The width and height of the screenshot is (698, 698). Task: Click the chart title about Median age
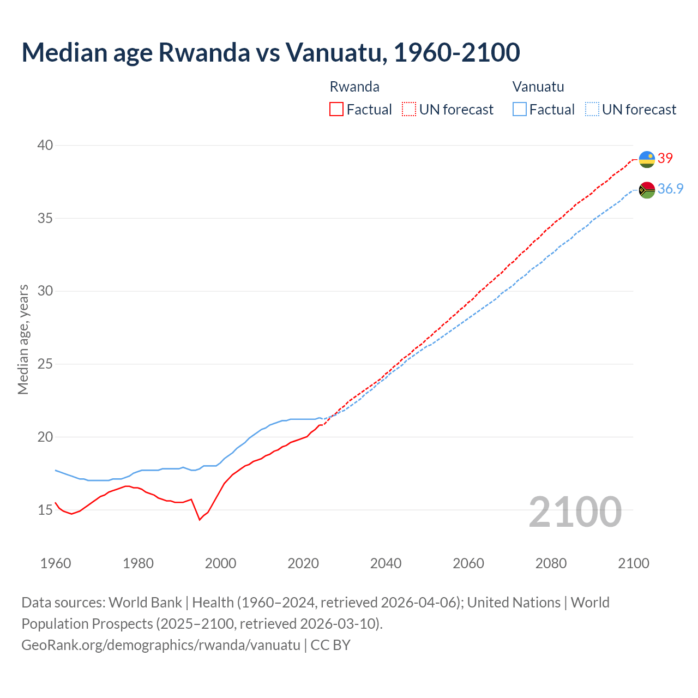[270, 52]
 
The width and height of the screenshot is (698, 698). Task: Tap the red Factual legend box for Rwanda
[336, 110]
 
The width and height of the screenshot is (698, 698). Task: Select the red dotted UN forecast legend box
[409, 110]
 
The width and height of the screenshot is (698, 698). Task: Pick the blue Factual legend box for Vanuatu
[520, 110]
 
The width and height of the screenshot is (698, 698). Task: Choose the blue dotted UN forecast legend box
[592, 110]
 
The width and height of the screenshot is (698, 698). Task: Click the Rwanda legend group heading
[354, 87]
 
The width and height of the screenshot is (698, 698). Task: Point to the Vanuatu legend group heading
[538, 87]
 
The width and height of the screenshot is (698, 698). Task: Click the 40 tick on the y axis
[45, 145]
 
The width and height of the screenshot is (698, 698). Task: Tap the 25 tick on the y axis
[45, 364]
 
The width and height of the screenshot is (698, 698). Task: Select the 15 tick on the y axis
[45, 510]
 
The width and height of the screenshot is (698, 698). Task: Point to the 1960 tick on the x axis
[56, 563]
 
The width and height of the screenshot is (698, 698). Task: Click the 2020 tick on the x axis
[303, 563]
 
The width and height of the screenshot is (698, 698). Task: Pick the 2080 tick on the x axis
[551, 563]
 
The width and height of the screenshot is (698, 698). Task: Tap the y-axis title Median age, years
[23, 339]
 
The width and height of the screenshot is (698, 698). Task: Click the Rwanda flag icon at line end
[647, 159]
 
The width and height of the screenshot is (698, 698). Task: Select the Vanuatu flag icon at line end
[647, 190]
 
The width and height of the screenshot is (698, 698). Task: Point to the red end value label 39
[665, 158]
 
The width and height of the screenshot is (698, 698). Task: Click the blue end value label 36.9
[670, 189]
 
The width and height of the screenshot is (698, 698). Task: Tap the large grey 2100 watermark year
[575, 512]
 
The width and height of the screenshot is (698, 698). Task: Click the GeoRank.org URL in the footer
[161, 645]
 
